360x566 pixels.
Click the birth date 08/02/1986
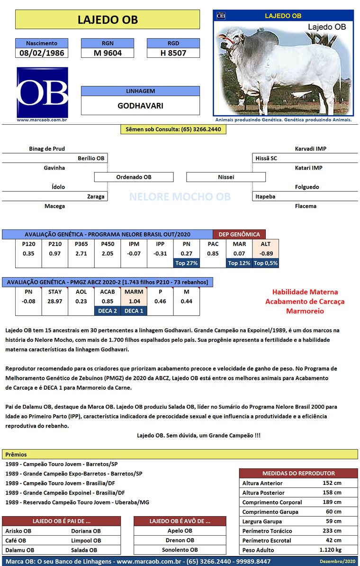[42, 53]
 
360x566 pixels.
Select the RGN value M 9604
[108, 53]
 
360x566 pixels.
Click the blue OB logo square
[42, 92]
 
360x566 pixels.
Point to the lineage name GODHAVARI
[140, 106]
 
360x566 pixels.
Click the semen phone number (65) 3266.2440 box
[173, 129]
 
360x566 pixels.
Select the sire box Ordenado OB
[134, 177]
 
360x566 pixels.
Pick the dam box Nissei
[226, 177]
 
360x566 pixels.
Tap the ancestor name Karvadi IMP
[310, 149]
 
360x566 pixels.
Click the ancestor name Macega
[54, 206]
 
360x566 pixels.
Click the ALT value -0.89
[266, 254]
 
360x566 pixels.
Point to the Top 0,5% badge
[266, 263]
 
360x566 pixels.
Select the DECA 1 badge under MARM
[134, 311]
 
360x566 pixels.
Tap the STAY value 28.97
[55, 301]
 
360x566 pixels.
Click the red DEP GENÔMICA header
[239, 234]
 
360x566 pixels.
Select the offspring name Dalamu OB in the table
[19, 550]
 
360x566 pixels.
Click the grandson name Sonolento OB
[180, 550]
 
